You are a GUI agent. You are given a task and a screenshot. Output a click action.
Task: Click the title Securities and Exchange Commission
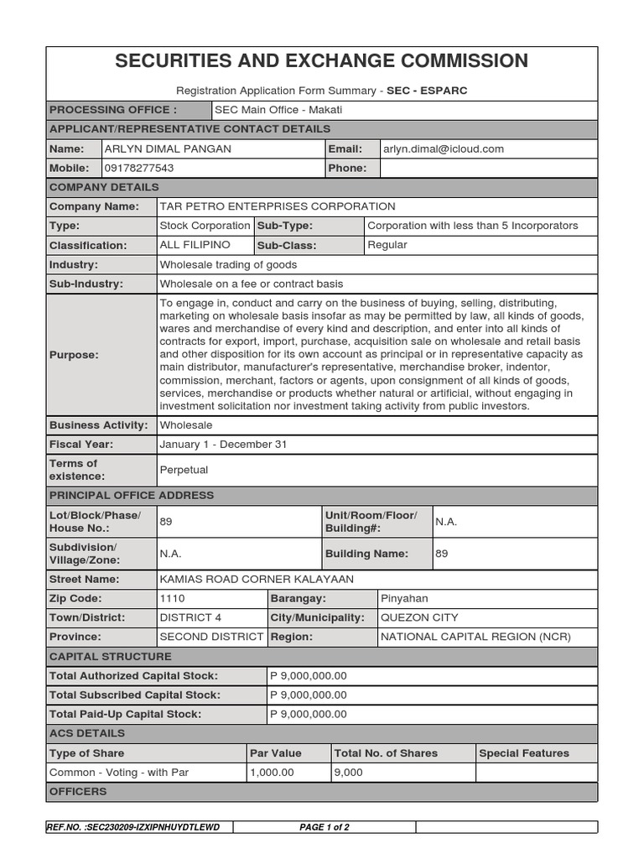pyautogui.click(x=321, y=60)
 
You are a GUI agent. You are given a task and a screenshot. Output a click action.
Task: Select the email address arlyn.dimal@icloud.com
pyautogui.click(x=443, y=148)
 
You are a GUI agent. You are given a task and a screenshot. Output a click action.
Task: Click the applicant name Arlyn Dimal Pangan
pyautogui.click(x=167, y=148)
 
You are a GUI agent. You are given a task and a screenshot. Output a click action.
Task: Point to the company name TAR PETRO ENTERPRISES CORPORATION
pyautogui.click(x=278, y=206)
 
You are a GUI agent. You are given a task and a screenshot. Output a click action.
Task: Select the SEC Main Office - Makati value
pyautogui.click(x=278, y=110)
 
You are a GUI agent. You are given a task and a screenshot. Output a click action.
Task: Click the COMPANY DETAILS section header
pyautogui.click(x=104, y=186)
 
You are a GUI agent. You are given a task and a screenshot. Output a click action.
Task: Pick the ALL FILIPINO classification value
pyautogui.click(x=195, y=245)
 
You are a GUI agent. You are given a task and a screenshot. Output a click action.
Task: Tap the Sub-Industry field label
pyautogui.click(x=86, y=284)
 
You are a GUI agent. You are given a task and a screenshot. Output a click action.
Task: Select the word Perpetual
pyautogui.click(x=184, y=470)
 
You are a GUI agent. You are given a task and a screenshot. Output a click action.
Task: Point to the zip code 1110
pyautogui.click(x=172, y=598)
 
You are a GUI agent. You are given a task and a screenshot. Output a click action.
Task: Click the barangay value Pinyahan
pyautogui.click(x=404, y=598)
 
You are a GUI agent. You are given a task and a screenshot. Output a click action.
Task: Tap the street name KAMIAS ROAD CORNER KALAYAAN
pyautogui.click(x=257, y=579)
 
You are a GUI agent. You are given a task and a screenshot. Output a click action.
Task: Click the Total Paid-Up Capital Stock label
pyautogui.click(x=125, y=714)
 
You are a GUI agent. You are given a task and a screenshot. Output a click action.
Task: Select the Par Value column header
pyautogui.click(x=276, y=752)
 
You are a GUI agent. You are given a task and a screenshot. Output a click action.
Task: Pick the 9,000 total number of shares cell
pyautogui.click(x=348, y=772)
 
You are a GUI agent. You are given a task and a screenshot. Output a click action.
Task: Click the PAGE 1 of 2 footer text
pyautogui.click(x=325, y=827)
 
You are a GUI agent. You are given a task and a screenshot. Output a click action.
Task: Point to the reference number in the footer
pyautogui.click(x=134, y=827)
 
